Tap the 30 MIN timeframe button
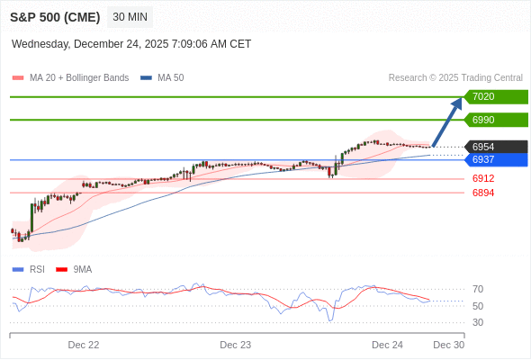130,17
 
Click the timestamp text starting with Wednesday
131,44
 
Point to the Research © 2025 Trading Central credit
455,77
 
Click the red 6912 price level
483,178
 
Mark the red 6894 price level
483,193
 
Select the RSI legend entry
36,269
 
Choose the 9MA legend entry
82,269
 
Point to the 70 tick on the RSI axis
478,289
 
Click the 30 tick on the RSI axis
478,322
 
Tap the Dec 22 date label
84,345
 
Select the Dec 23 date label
235,345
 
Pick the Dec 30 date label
448,345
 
